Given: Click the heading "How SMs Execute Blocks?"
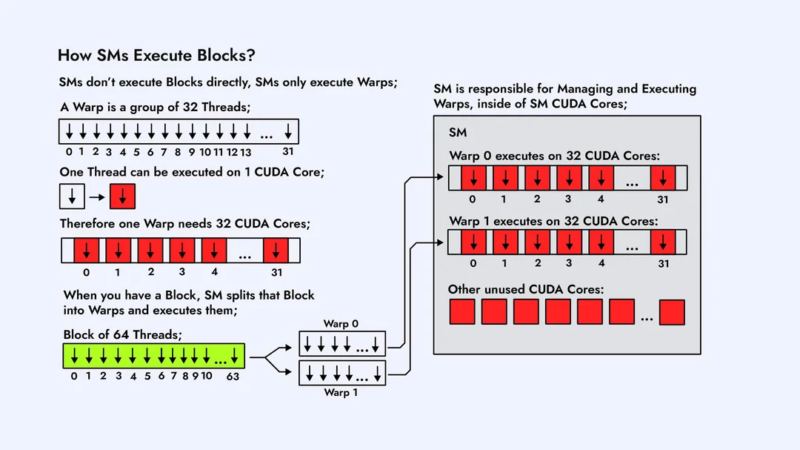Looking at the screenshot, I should [x=156, y=55].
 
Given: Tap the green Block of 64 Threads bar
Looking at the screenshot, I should [x=153, y=356].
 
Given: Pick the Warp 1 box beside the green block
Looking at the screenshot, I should [x=342, y=371].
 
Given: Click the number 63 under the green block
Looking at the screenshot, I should [x=233, y=376].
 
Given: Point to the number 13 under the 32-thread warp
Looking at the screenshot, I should [x=246, y=152].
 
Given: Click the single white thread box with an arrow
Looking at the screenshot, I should [x=72, y=197].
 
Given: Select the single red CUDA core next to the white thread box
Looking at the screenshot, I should [x=122, y=197].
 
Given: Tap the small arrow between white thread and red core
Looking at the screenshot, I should [x=96, y=198].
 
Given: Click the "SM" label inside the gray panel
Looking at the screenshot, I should [x=458, y=132].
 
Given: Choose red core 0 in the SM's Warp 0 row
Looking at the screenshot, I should [x=473, y=178].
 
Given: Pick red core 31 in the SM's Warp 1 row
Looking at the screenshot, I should [x=663, y=242].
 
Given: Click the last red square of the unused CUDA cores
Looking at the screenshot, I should [x=672, y=312].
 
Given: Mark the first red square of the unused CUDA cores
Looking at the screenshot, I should [x=462, y=312].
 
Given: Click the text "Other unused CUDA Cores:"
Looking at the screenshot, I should [x=526, y=289].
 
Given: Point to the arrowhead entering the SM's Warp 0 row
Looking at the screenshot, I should [x=444, y=178].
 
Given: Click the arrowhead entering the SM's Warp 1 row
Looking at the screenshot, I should [x=444, y=242].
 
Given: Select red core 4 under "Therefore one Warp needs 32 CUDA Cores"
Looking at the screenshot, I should [x=214, y=251].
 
